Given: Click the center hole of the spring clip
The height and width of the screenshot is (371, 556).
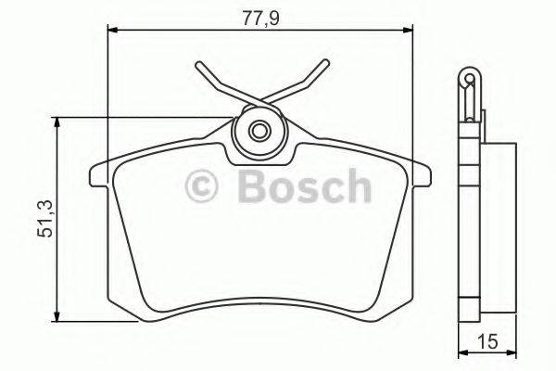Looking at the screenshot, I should pyautogui.click(x=259, y=129).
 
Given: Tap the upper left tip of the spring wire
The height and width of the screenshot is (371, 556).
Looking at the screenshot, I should pyautogui.click(x=197, y=66).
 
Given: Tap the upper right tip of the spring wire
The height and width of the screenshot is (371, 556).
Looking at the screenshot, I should pyautogui.click(x=325, y=64).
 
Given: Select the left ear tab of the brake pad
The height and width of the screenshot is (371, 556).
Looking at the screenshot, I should pyautogui.click(x=96, y=173).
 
